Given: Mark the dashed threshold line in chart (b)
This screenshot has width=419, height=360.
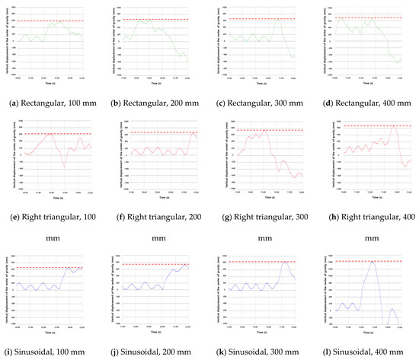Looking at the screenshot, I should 156,18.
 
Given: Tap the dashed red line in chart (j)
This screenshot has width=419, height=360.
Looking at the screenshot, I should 156,264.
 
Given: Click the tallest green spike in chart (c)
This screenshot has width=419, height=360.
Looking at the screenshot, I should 279,21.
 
